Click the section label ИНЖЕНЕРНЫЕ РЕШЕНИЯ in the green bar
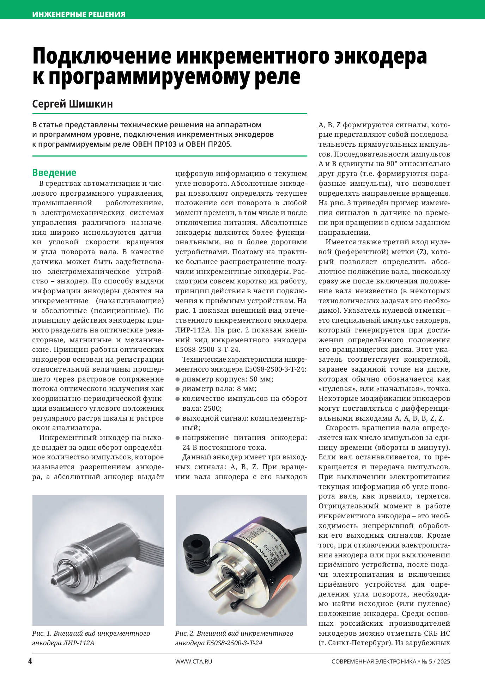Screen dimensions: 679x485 79,14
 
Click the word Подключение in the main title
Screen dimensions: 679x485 102,56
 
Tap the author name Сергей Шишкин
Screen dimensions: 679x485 72,104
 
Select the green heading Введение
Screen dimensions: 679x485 54,173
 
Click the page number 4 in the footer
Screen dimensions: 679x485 30,661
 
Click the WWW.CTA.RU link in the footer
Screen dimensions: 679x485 194,661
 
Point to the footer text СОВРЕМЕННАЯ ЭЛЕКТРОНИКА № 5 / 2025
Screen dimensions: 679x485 390,661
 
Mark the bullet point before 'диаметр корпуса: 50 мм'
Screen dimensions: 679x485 178,379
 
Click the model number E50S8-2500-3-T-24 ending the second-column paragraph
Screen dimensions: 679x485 207,350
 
